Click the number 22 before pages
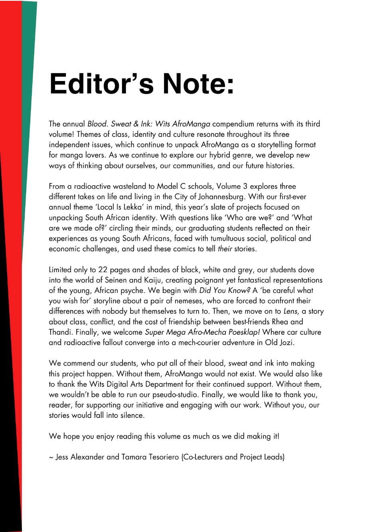click(x=103, y=269)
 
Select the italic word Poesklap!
click(x=244, y=332)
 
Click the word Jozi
click(x=285, y=342)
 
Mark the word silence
click(x=131, y=415)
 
